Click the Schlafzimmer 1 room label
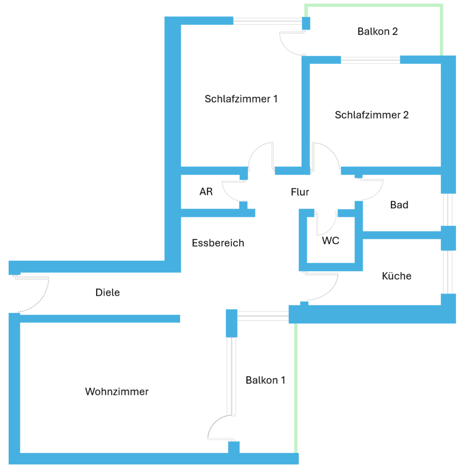[x=241, y=99]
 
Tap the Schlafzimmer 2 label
[x=371, y=115]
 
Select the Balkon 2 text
[x=377, y=32]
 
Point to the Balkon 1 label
[x=265, y=380]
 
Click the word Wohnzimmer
[x=117, y=392]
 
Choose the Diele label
[x=107, y=293]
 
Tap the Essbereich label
[x=218, y=243]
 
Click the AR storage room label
[x=206, y=192]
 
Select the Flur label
[x=300, y=192]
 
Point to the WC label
[x=330, y=240]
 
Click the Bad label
[x=399, y=205]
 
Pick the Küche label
[x=396, y=276]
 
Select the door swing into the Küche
[x=324, y=288]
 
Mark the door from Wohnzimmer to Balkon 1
[x=220, y=426]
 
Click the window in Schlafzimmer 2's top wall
[x=370, y=60]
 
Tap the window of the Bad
[x=447, y=210]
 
